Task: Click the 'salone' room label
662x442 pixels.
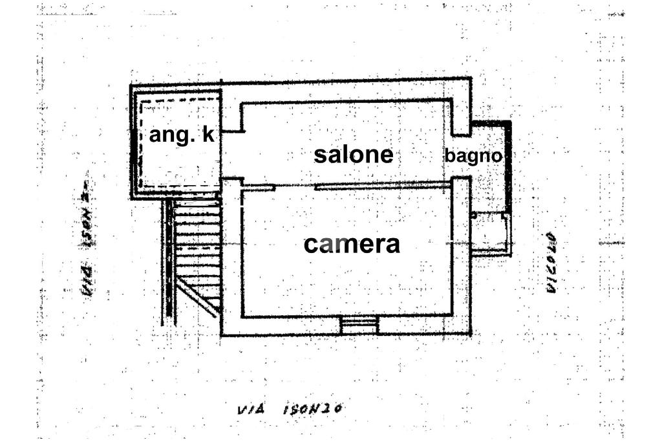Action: point(353,155)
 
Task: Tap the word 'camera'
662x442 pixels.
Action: point(352,244)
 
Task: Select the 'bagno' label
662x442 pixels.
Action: point(473,156)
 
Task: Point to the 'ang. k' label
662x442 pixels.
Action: point(181,135)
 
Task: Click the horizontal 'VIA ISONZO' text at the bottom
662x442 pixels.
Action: point(289,409)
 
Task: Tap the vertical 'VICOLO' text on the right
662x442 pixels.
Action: point(551,263)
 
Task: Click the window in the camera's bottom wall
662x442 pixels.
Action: point(359,326)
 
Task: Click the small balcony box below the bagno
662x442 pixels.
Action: point(491,233)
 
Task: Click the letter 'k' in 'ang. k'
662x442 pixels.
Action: point(207,135)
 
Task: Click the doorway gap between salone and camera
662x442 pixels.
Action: point(295,187)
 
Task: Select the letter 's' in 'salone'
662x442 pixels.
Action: point(320,155)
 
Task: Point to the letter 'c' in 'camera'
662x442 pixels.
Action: point(310,245)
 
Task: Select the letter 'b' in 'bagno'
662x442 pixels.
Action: point(449,155)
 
